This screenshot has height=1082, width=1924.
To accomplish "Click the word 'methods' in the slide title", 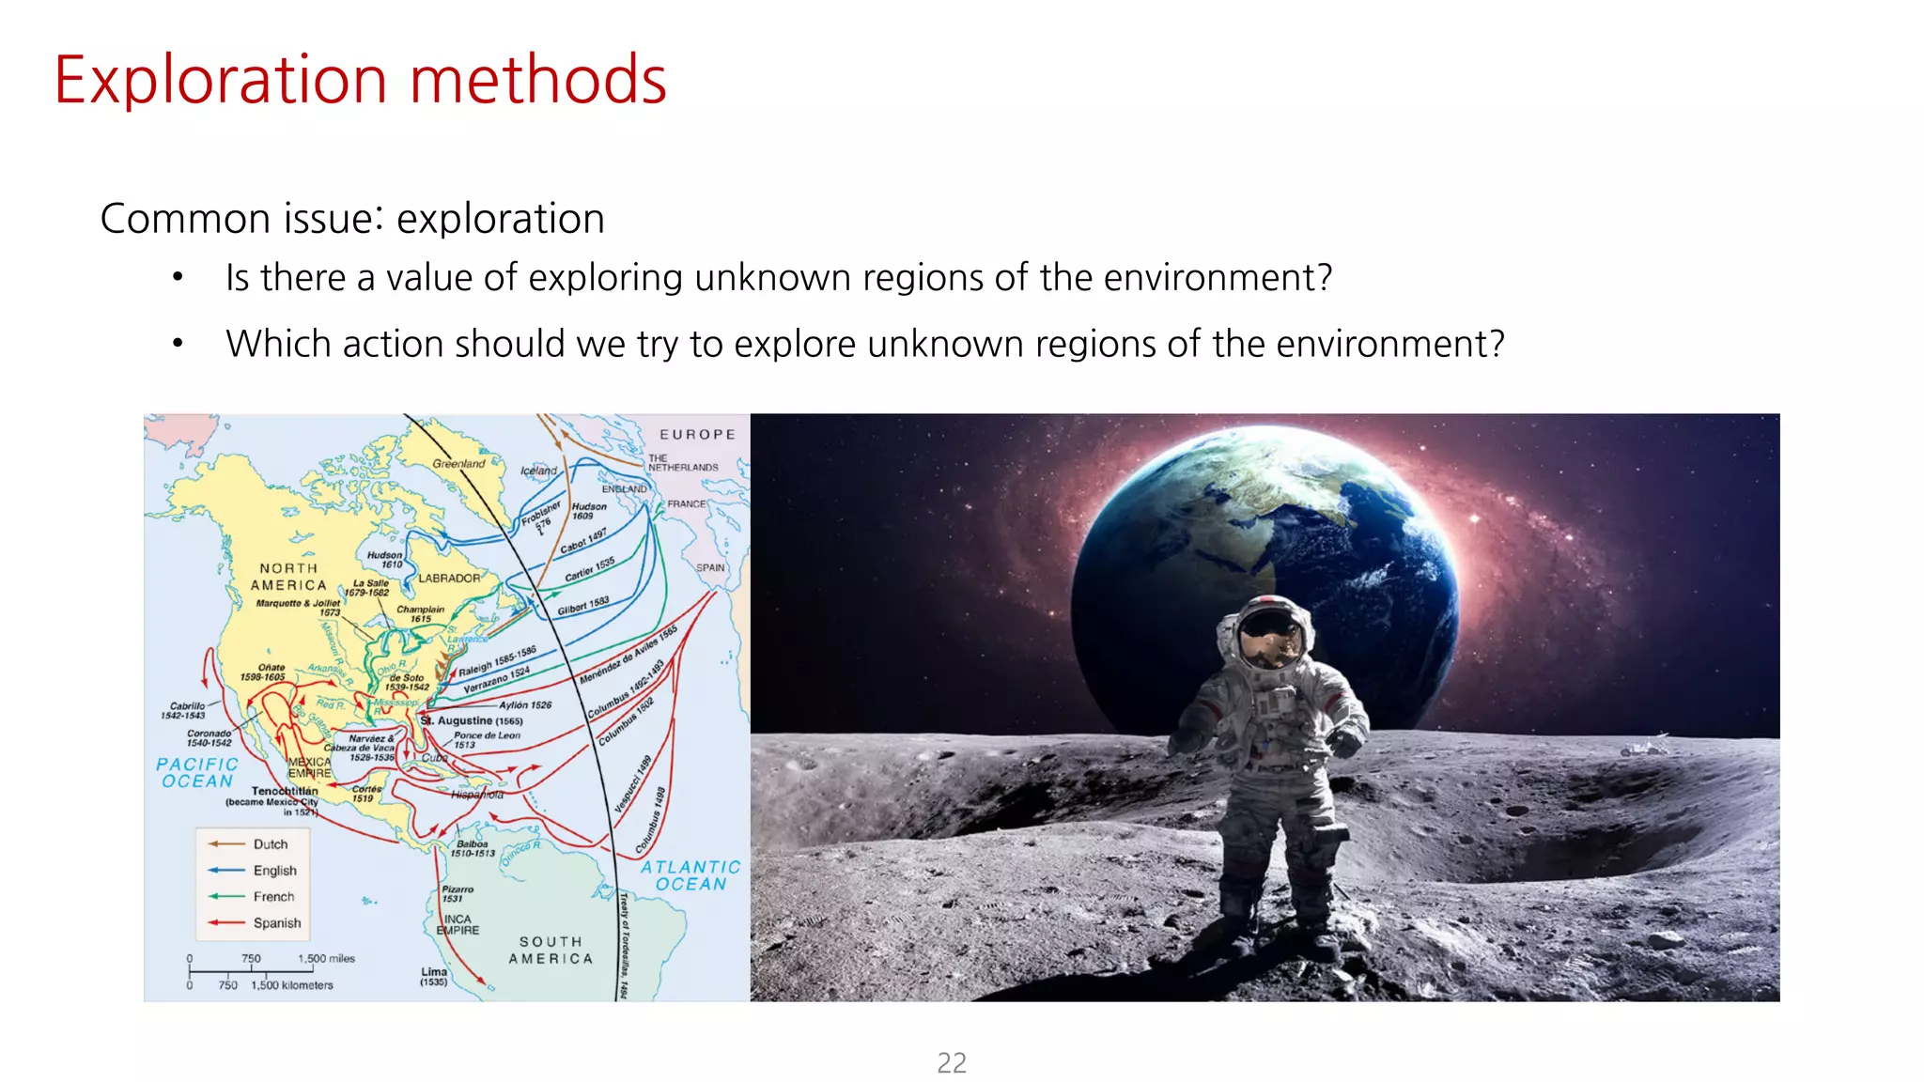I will click(x=537, y=81).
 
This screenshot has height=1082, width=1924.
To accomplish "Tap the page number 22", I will click(x=952, y=1062).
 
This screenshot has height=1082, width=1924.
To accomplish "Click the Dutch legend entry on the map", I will click(x=270, y=844).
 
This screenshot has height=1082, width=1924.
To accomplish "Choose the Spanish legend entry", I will click(x=276, y=923).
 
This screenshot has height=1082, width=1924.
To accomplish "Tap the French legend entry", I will click(x=272, y=897).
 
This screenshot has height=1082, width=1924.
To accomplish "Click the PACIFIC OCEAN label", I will click(x=197, y=773).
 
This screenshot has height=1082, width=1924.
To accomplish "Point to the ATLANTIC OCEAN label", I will click(x=690, y=875).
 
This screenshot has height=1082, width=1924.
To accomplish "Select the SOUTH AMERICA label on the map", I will click(x=551, y=950).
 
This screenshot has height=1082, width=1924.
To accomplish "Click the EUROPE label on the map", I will click(x=697, y=435).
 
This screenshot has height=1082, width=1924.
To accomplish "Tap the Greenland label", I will click(x=458, y=463).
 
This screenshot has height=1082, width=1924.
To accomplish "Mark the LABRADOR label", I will click(x=449, y=579).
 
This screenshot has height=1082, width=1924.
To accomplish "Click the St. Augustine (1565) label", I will click(x=472, y=720).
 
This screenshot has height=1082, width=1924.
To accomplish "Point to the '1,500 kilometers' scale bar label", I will click(x=291, y=985).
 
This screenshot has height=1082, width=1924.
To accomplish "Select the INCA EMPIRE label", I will click(x=458, y=924).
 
